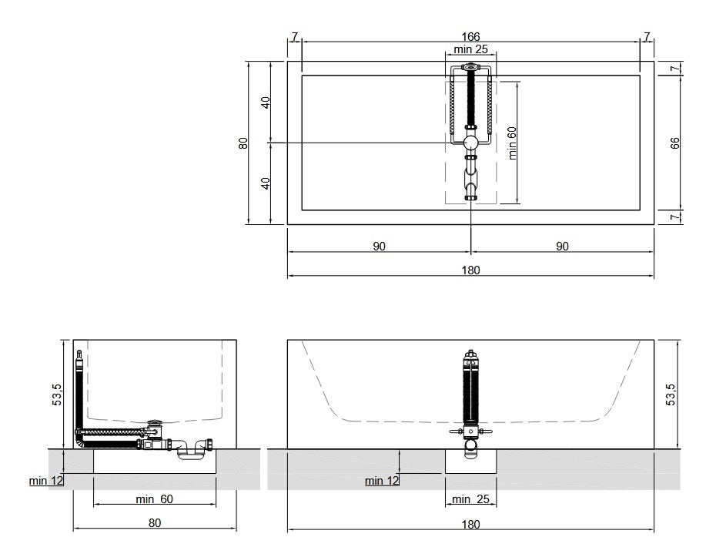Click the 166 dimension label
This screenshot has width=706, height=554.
click(x=470, y=36)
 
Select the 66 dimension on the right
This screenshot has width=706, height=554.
click(x=674, y=143)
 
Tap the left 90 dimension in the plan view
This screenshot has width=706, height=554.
click(x=379, y=246)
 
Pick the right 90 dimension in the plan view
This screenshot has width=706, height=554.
click(x=562, y=246)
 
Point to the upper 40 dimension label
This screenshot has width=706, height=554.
click(x=266, y=102)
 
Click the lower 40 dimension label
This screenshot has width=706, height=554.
click(x=266, y=183)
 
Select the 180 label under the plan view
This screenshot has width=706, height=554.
click(x=470, y=270)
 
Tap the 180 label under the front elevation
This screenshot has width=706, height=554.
click(x=470, y=524)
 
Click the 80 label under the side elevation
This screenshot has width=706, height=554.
click(x=155, y=523)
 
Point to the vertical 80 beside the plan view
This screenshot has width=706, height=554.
click(x=243, y=143)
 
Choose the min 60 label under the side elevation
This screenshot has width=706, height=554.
click(x=154, y=499)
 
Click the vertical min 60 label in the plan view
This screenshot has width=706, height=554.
click(x=512, y=143)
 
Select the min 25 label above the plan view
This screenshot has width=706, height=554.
click(x=470, y=49)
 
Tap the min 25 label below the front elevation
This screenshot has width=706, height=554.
click(x=470, y=499)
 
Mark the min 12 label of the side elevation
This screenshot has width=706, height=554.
click(x=46, y=481)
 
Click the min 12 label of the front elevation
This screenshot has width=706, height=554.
click(x=382, y=481)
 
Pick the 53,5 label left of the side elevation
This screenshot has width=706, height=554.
click(x=57, y=395)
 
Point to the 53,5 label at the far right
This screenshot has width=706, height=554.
click(x=671, y=395)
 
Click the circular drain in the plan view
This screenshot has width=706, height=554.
click(x=470, y=143)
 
